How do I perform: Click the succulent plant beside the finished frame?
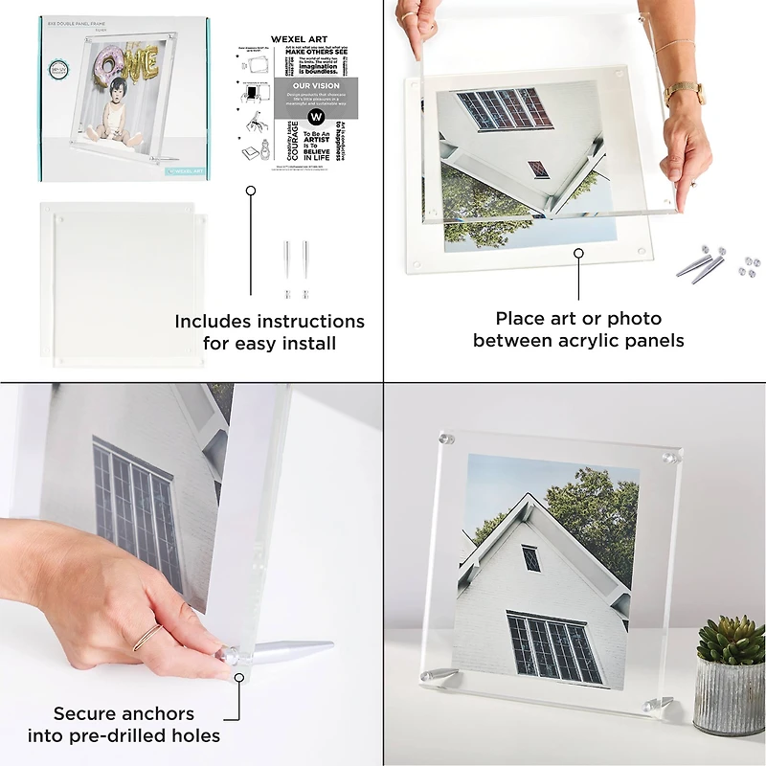(731, 639)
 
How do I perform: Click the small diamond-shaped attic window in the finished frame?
(529, 557)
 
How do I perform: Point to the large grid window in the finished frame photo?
(548, 645)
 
